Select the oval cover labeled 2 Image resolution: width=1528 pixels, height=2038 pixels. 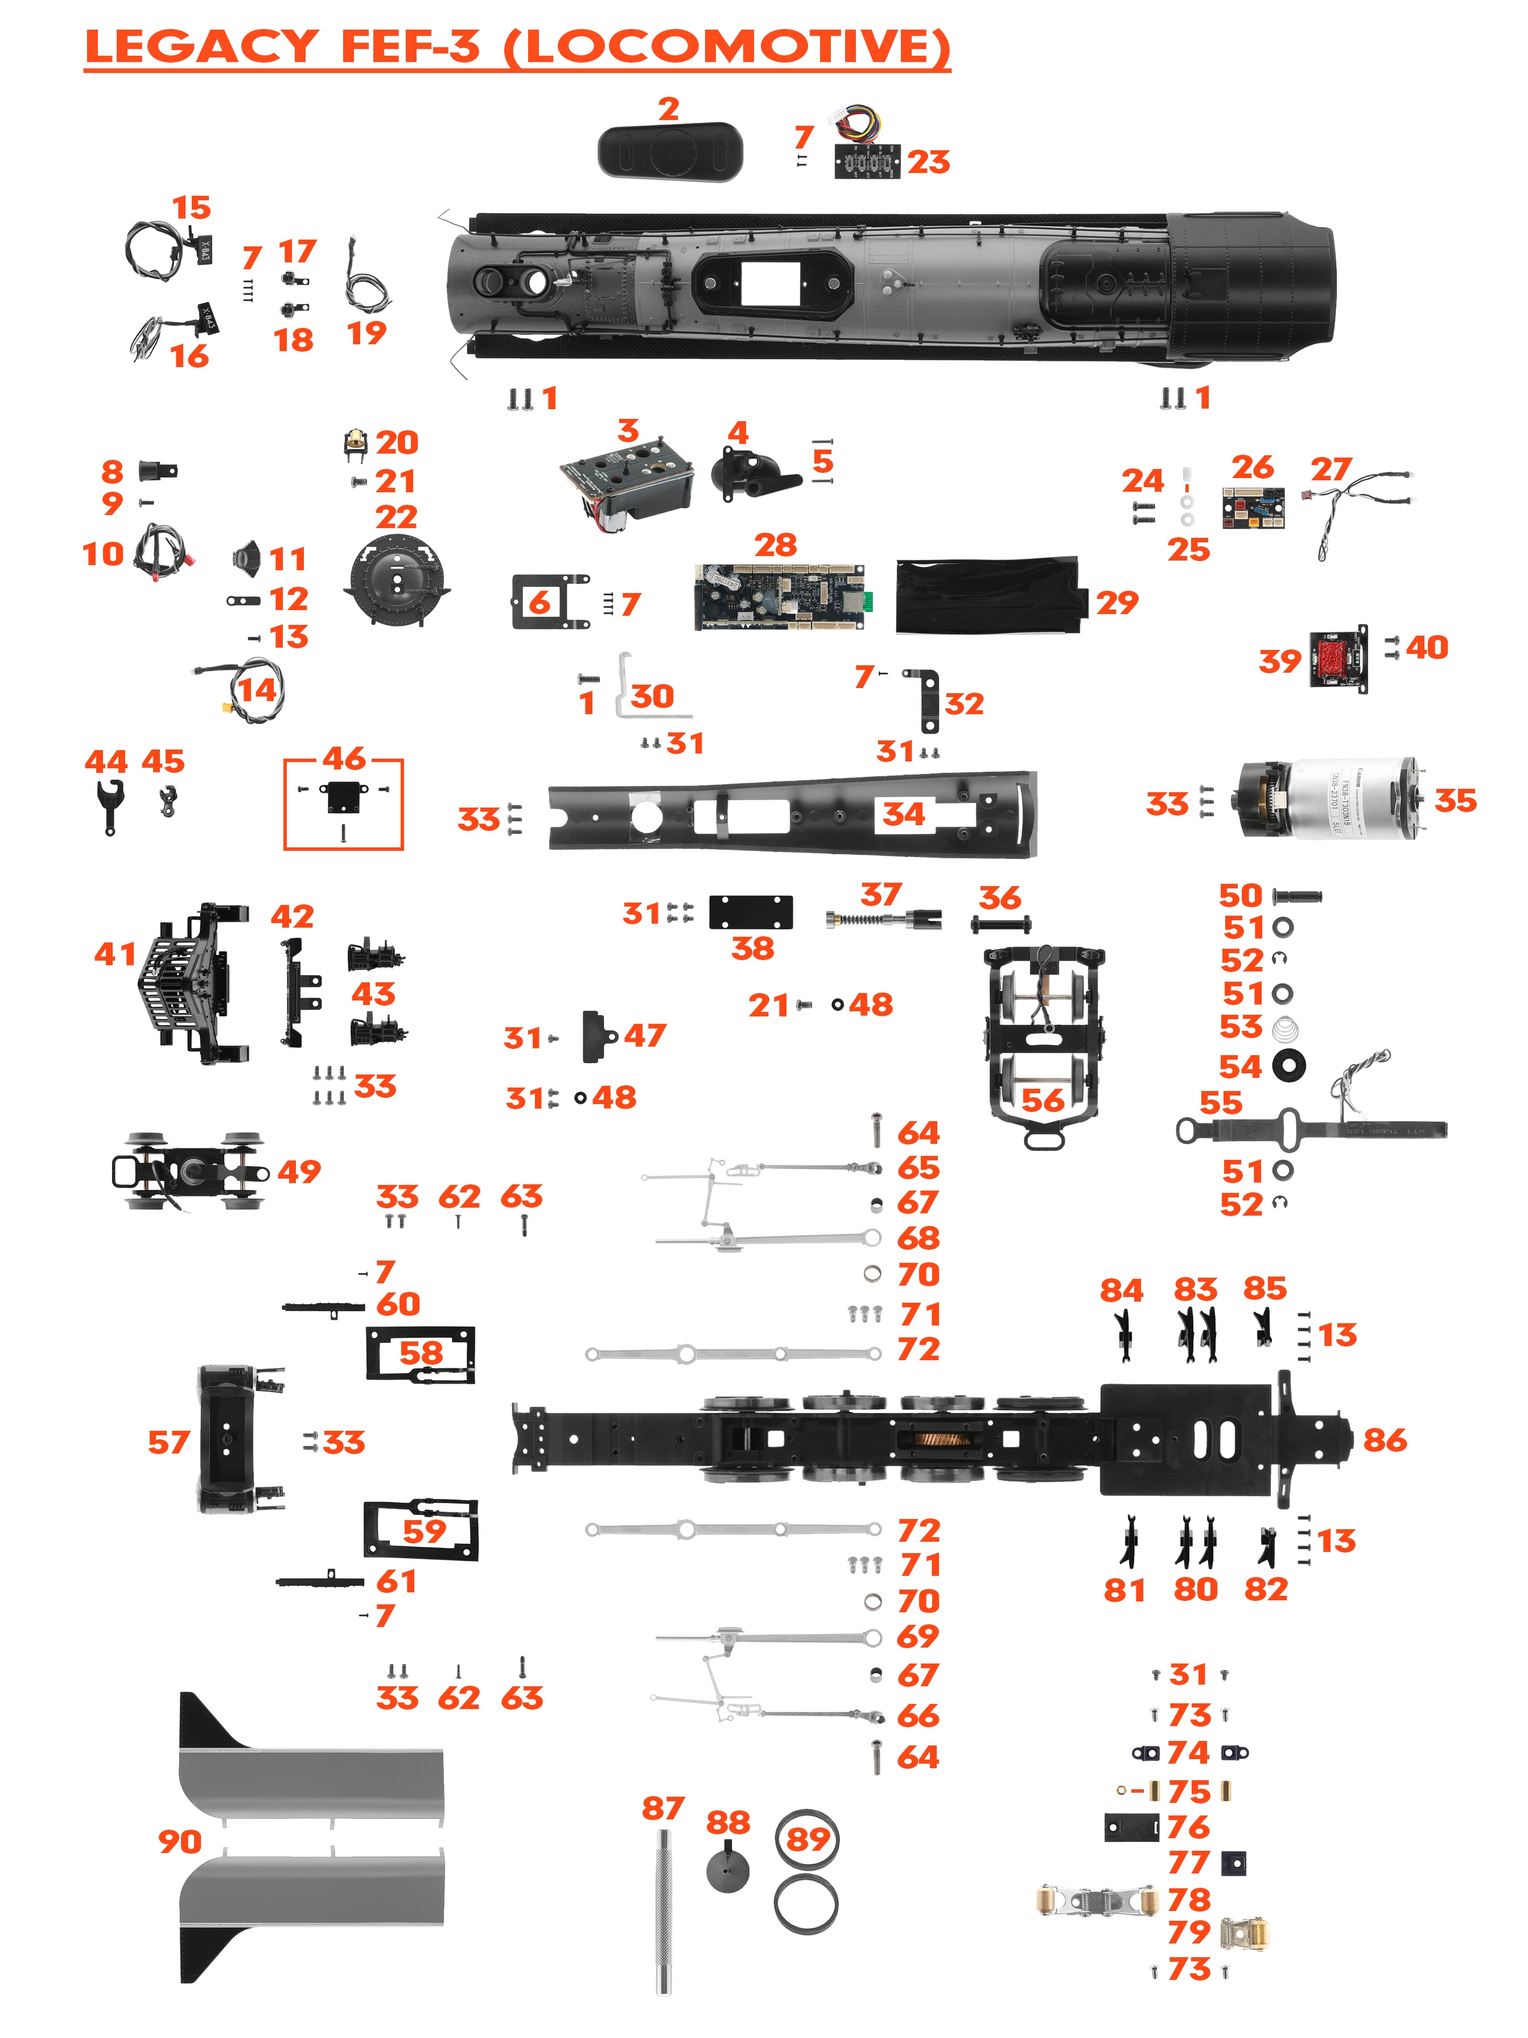[670, 152]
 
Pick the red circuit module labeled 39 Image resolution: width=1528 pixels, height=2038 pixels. [1336, 659]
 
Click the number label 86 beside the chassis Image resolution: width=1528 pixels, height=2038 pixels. [1385, 1440]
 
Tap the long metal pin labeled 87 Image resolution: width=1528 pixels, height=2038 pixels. [663, 1912]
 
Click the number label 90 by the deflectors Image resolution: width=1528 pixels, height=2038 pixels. [180, 1842]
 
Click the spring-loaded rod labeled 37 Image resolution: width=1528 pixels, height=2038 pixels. [882, 919]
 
